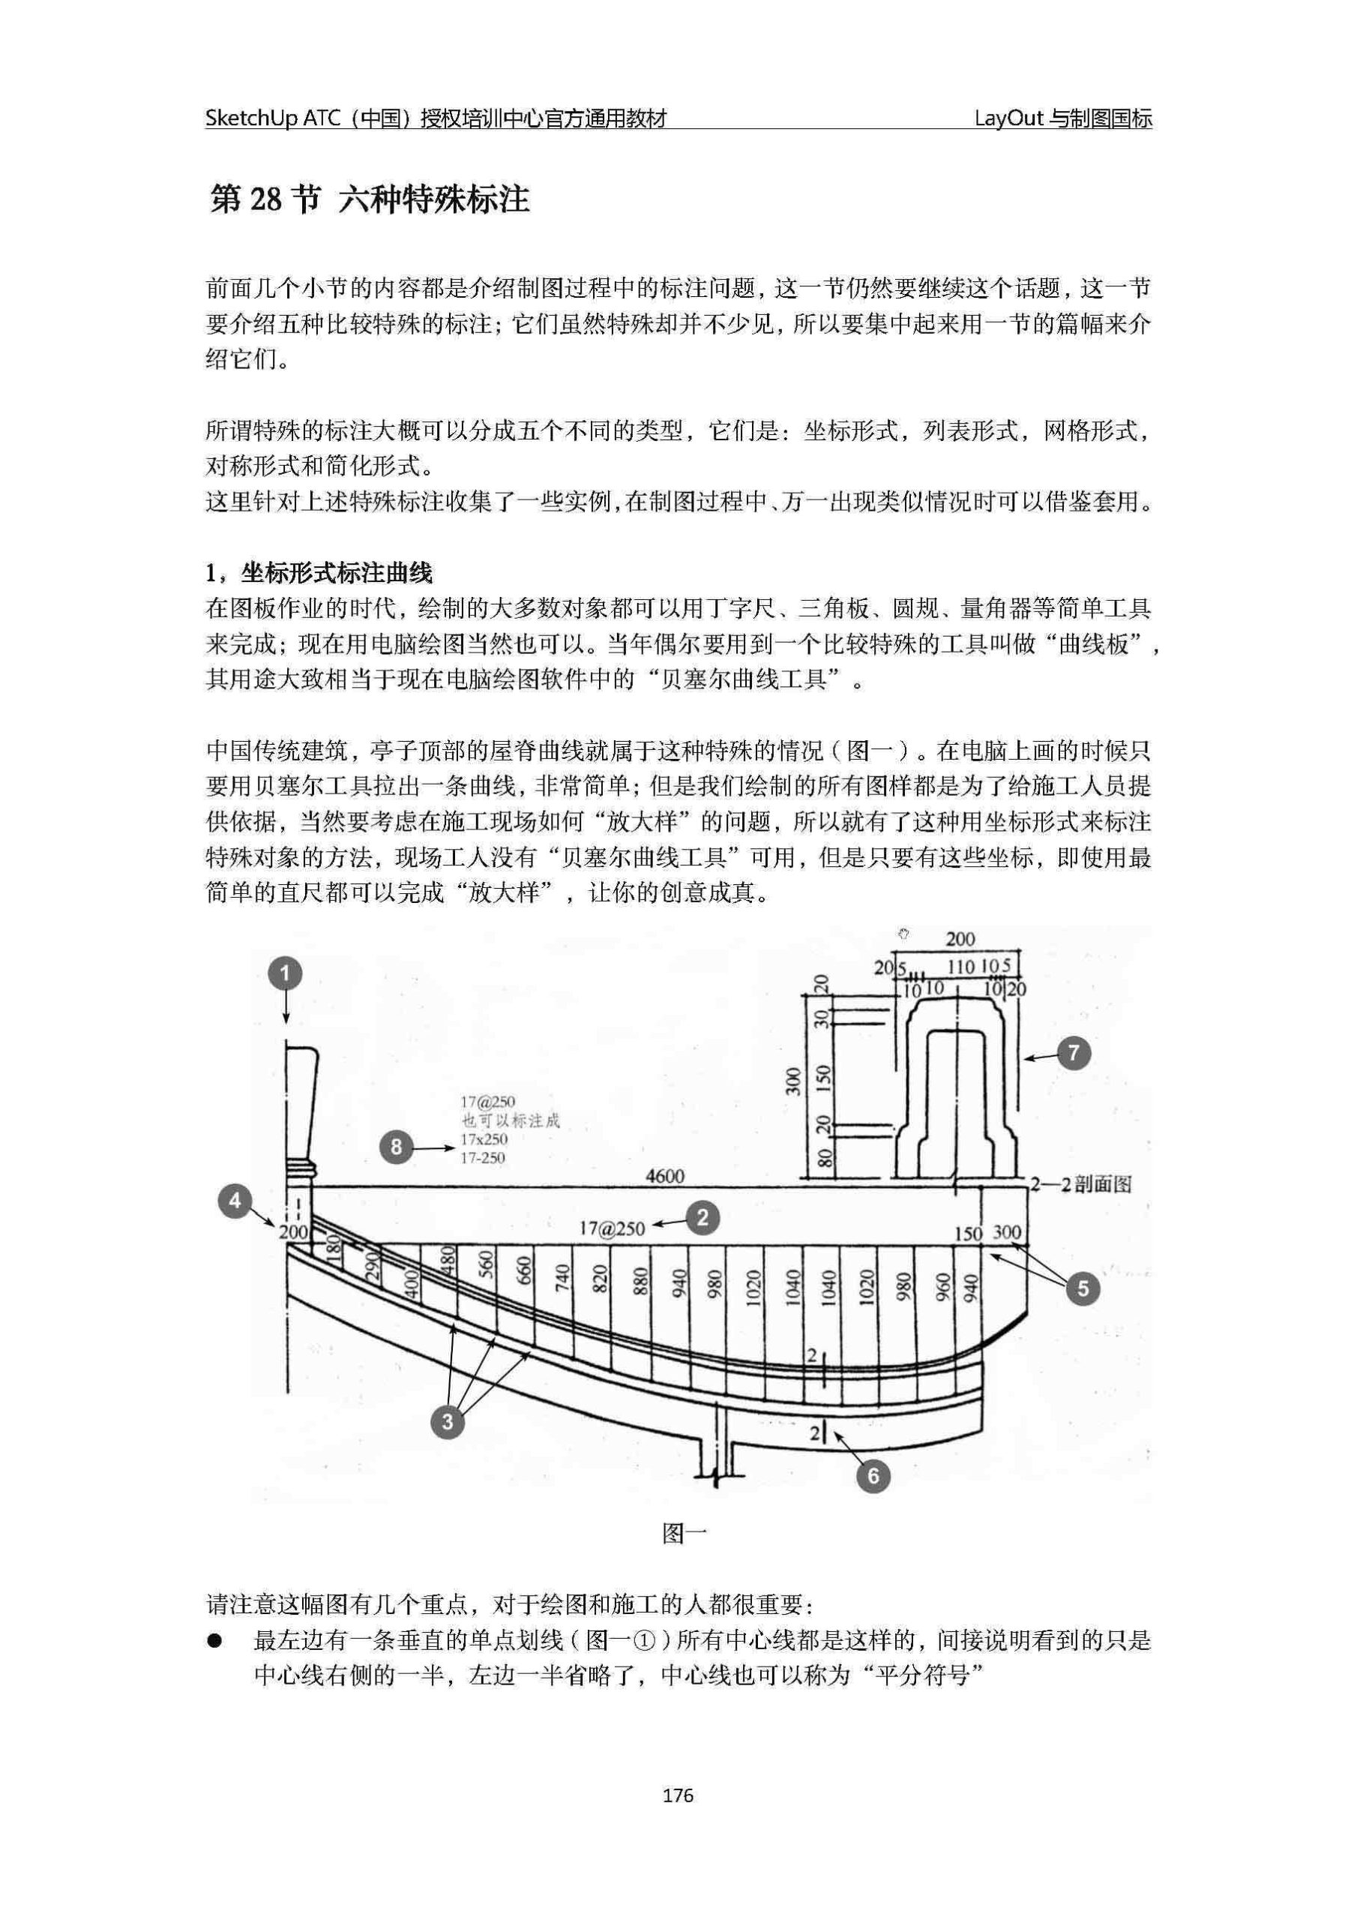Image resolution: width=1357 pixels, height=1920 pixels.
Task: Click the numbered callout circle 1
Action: point(285,973)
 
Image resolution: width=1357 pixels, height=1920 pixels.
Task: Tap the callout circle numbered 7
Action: point(1074,1053)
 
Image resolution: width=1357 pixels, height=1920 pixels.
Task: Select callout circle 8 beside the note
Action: point(397,1147)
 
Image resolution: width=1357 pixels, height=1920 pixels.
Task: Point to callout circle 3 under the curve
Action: point(448,1420)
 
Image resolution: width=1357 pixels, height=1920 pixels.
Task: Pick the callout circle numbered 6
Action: point(873,1475)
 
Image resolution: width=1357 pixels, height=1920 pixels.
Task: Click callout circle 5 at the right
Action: point(1083,1288)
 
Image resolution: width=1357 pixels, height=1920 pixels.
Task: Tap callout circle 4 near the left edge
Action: point(235,1201)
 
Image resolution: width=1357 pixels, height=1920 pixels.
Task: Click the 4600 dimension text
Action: point(665,1177)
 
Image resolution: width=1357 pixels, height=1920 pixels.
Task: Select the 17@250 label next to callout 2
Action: point(612,1228)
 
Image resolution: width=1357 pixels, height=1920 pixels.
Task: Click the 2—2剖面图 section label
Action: point(1081,1184)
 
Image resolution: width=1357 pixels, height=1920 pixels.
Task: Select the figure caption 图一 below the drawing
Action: point(684,1533)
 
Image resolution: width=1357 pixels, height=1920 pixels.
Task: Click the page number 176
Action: point(678,1795)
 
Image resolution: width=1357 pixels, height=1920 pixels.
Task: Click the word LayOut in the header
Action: point(1009,118)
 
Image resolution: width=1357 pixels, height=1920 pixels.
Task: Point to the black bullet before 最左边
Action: point(217,1642)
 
